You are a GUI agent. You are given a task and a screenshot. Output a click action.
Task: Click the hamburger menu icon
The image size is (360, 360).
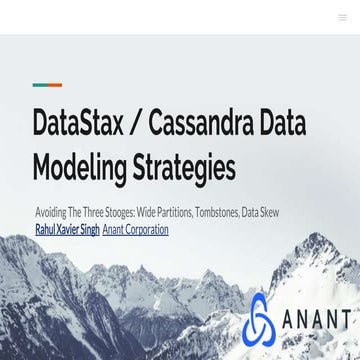pos(342,17)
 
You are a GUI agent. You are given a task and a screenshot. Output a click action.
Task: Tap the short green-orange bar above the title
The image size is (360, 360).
pos(47,85)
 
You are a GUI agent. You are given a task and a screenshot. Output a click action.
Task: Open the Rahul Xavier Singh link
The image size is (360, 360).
pos(67,229)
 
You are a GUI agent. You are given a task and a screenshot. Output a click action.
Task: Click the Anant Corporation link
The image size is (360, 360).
pos(136,229)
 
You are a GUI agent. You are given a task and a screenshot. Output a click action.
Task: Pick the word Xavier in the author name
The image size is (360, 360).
pos(67,229)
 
